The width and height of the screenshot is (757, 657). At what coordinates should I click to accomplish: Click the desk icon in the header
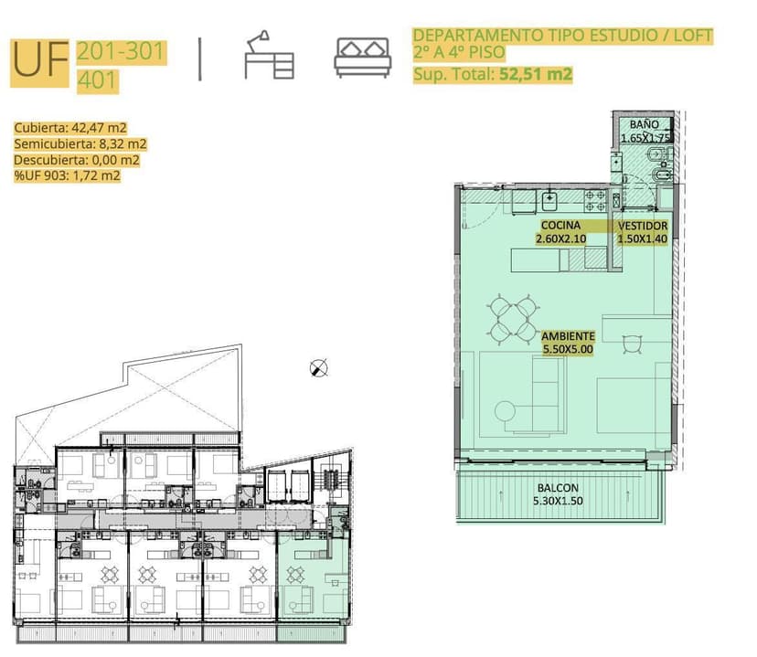tap(269, 55)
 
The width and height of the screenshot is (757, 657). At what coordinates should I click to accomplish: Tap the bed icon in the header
tap(363, 58)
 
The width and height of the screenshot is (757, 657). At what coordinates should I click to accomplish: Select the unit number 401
tap(97, 80)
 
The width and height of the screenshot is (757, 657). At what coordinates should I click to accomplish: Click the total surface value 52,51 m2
tap(536, 74)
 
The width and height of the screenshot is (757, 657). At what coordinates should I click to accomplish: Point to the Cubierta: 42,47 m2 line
tap(70, 128)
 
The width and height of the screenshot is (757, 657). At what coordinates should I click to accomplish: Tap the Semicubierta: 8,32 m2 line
tap(80, 143)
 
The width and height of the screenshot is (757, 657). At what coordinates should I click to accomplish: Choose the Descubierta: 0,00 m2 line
tap(77, 160)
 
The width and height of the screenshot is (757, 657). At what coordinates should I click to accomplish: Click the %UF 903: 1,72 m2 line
tap(67, 175)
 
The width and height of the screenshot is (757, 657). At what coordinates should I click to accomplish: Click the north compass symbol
tap(319, 368)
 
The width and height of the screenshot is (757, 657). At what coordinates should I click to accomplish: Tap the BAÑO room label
tap(644, 124)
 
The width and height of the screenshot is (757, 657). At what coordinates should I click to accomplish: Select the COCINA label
tap(560, 226)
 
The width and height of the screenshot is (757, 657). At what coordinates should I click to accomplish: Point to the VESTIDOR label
tap(643, 226)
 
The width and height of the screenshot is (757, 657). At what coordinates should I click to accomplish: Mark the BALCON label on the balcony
tap(558, 488)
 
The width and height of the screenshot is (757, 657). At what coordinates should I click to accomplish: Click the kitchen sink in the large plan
tap(549, 201)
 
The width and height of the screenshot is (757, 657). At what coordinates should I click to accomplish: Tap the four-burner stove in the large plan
tap(595, 201)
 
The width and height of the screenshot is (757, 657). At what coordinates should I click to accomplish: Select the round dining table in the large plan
tap(513, 317)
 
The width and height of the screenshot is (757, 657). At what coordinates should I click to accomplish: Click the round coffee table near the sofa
tap(505, 411)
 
